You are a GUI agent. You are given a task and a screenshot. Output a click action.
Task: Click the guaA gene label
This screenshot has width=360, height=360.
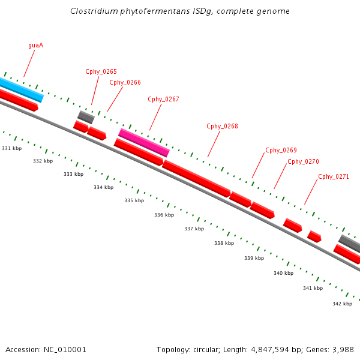[35, 45]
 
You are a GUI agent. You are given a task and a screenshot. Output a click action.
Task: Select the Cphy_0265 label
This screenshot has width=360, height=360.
[101, 71]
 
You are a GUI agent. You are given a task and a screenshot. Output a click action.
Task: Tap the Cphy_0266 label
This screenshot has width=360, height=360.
[125, 82]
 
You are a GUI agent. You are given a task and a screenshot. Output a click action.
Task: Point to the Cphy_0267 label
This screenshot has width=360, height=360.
[163, 99]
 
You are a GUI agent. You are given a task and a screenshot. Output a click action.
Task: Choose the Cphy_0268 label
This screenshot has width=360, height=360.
[222, 126]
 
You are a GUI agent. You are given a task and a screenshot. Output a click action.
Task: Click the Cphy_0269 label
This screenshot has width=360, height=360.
[281, 150]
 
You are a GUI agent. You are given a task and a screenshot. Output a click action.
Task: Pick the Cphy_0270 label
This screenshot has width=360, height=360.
[303, 161]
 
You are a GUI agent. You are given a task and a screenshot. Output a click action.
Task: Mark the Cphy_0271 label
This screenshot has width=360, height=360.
[334, 176]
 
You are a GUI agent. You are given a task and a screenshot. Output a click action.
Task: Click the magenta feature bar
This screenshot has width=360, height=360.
[144, 142]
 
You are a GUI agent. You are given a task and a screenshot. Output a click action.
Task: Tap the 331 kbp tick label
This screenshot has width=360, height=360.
[11, 148]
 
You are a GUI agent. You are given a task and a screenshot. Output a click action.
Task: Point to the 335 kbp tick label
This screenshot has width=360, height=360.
[134, 200]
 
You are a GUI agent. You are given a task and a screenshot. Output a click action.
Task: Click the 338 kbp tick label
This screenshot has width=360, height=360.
[224, 243]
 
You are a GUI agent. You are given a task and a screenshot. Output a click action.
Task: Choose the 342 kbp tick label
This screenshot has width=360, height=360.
[342, 304]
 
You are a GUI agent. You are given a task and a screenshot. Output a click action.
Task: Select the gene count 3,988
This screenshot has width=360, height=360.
[341, 349]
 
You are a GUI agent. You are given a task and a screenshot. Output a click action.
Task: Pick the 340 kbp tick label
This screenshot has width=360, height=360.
[283, 273]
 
